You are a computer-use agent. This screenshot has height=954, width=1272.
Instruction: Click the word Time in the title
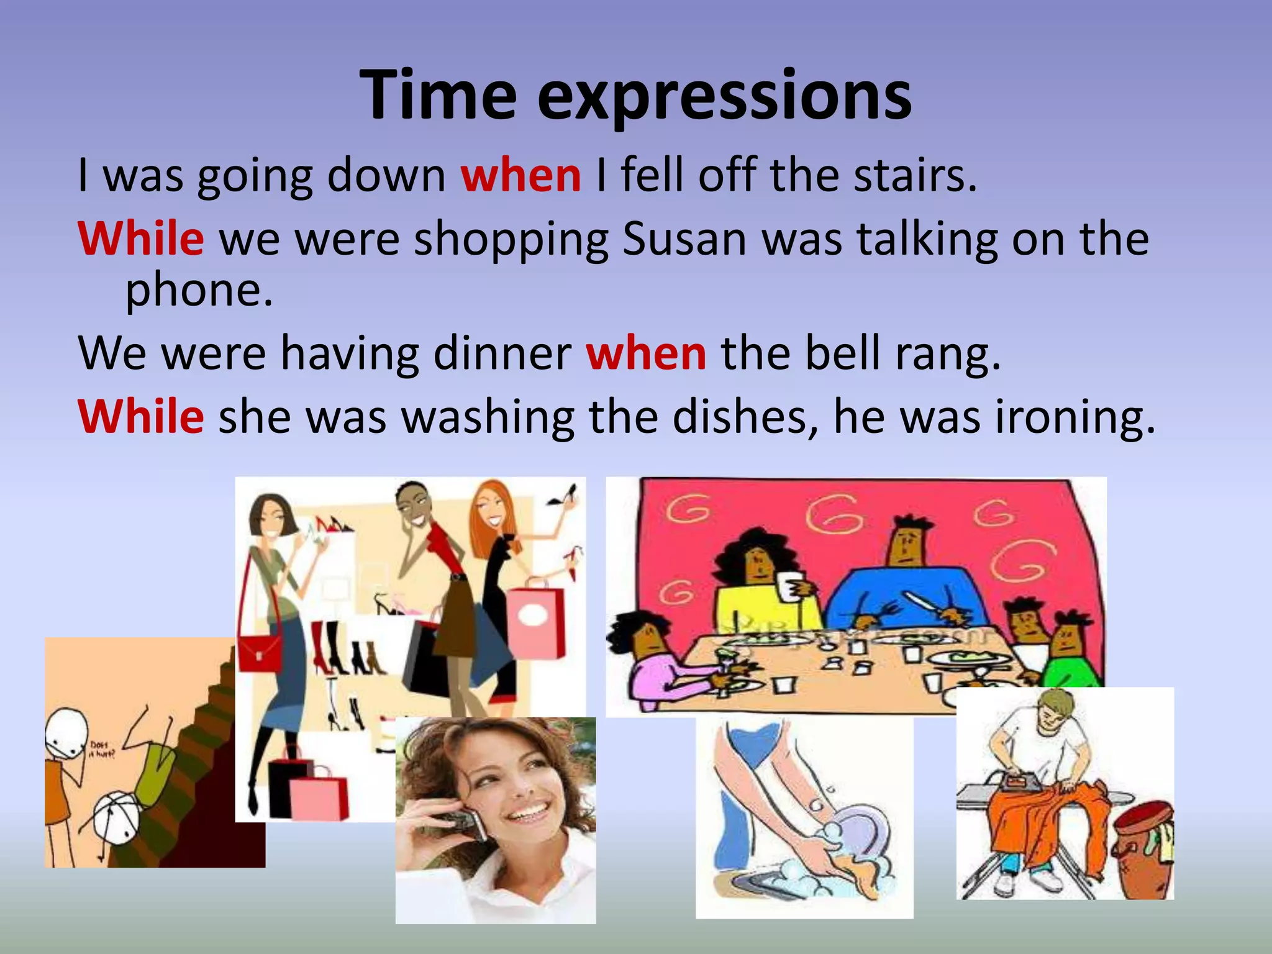(x=438, y=96)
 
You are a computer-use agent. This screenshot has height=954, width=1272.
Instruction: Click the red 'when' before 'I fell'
(x=520, y=175)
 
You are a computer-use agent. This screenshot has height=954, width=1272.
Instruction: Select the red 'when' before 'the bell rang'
(x=646, y=353)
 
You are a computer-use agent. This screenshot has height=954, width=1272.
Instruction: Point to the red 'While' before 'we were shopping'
(x=141, y=238)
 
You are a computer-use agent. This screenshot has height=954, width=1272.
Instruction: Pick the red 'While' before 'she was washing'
(x=141, y=417)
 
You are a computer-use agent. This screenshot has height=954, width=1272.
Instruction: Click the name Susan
(x=684, y=238)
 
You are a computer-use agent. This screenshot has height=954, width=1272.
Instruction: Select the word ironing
(x=1075, y=417)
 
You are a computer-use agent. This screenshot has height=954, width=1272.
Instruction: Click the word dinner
(x=502, y=353)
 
